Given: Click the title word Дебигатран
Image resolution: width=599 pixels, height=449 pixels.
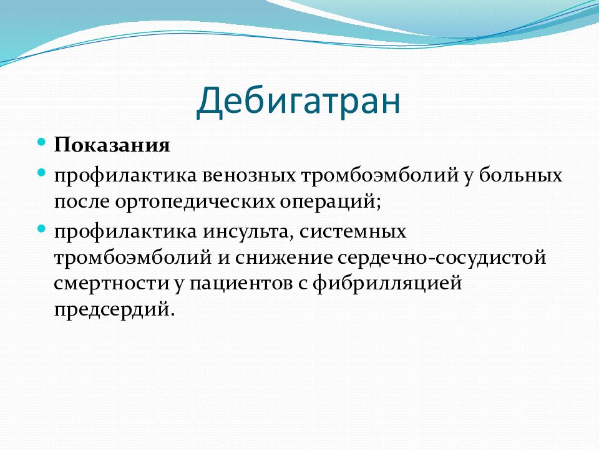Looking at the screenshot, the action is (298, 101).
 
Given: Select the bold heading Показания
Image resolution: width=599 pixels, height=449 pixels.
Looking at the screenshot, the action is (112, 145).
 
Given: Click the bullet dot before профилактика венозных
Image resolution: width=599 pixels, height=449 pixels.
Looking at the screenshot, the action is (42, 173).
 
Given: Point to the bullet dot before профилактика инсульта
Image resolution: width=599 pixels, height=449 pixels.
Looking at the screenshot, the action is (42, 229).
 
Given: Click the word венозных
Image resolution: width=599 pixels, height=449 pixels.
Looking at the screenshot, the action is (249, 175).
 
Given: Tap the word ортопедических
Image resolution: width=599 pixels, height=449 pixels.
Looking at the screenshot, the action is (195, 202).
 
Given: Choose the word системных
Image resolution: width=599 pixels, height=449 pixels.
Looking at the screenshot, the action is (353, 232).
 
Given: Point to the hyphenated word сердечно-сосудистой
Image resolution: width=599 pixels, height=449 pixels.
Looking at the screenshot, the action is (442, 258).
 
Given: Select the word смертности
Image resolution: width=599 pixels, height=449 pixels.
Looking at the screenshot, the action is (111, 284).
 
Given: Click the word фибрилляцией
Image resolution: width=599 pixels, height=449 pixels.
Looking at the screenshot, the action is (387, 284).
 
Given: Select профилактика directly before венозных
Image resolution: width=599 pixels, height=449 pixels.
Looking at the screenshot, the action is (125, 176).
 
